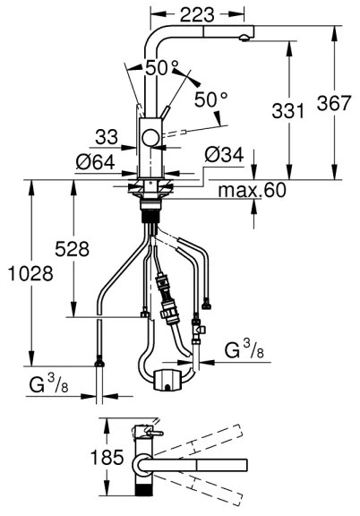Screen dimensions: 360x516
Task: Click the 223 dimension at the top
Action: (x=197, y=15)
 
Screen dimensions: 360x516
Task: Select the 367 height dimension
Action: (x=334, y=103)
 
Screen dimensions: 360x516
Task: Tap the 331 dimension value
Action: (x=288, y=110)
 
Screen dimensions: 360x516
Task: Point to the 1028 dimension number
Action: (x=30, y=273)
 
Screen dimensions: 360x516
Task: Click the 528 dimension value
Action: (x=72, y=249)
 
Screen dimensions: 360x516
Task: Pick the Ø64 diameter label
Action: (x=96, y=162)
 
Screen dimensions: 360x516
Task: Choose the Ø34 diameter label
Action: (x=224, y=155)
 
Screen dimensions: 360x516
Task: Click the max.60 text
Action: (x=252, y=190)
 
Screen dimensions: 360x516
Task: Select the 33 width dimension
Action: (x=107, y=137)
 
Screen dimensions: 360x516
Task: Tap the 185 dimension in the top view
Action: (x=107, y=457)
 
